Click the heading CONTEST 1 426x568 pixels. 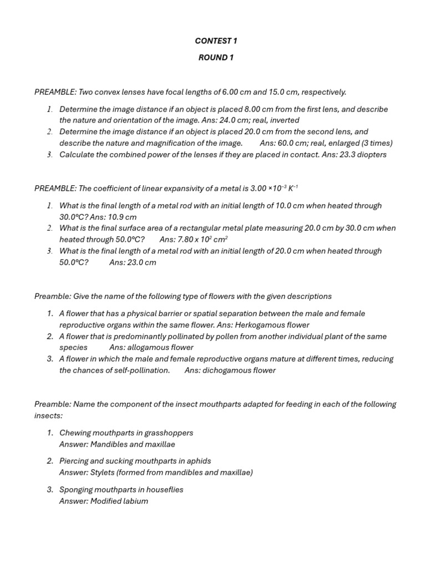coord(216,41)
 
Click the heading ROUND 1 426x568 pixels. coord(216,58)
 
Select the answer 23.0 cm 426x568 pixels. coord(141,262)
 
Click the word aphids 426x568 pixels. coord(199,461)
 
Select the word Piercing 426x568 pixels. coord(74,461)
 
